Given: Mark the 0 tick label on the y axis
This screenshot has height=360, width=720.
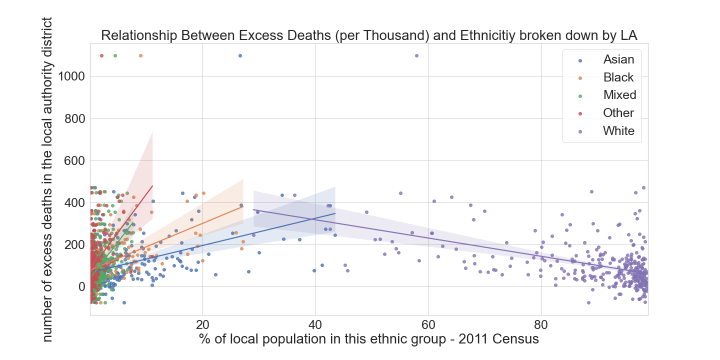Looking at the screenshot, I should pos(81,287).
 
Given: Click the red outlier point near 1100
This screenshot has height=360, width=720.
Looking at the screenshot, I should pos(101,55).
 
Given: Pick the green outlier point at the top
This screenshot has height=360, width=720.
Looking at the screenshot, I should pos(115,55).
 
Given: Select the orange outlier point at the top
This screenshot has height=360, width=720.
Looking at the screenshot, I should pos(140,55).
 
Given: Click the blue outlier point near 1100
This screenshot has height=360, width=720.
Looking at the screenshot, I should pos(240,55).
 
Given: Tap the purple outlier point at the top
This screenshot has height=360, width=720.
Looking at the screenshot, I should pos(416,55).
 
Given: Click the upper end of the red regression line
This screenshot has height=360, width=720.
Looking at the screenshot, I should pos(152,186).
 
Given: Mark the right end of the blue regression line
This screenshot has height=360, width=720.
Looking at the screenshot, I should pos(335,213).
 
